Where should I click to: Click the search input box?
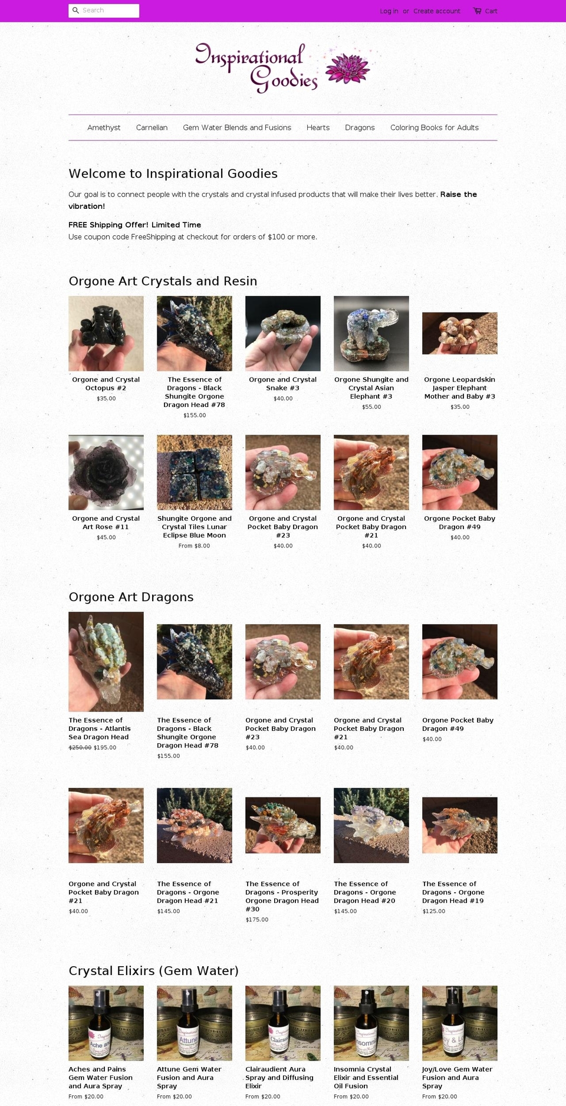point(104,11)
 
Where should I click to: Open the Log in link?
point(389,11)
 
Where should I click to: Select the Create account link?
point(436,11)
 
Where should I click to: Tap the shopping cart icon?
point(477,11)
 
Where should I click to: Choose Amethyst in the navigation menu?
point(104,127)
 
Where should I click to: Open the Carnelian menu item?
point(152,127)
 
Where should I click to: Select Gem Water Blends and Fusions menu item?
point(237,127)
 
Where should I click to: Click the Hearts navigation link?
point(318,127)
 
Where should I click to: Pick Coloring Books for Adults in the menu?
point(435,127)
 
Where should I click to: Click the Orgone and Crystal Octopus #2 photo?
point(106,333)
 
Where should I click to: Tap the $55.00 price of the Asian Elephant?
point(371,407)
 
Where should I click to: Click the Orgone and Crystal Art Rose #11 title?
point(106,523)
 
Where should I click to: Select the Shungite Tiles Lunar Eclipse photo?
point(195,472)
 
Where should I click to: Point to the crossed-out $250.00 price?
point(80,747)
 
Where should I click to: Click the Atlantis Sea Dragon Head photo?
point(106,662)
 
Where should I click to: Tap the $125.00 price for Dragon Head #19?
point(434,911)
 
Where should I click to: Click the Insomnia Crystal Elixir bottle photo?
point(371,1023)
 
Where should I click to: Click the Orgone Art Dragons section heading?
point(131,597)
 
